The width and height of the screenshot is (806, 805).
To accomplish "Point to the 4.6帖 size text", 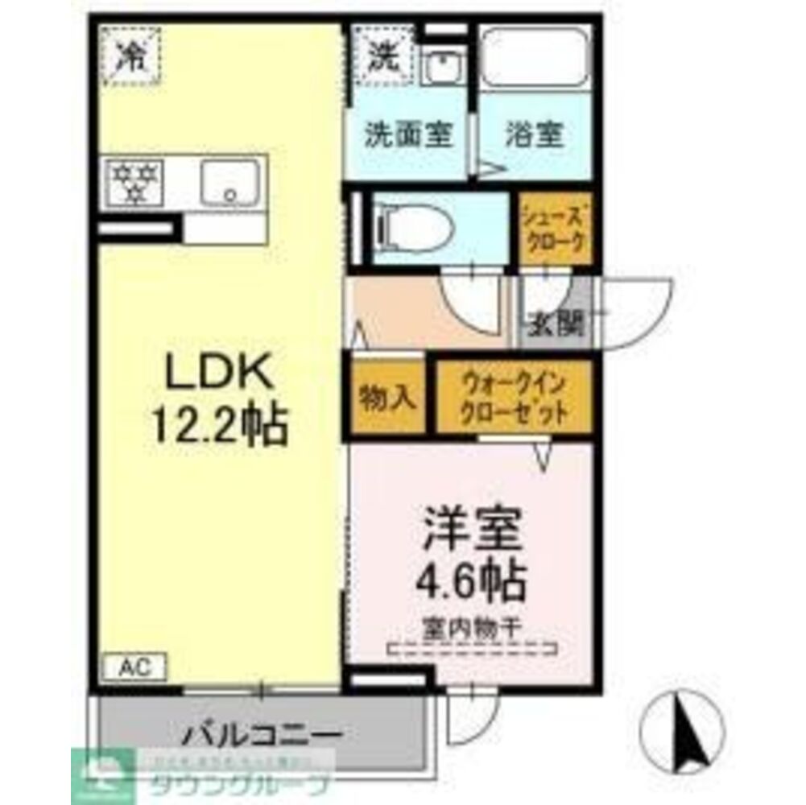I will pos(471,576).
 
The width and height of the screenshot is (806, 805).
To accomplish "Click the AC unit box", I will pos(134,667).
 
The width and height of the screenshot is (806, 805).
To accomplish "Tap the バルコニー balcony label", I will pos(262,735).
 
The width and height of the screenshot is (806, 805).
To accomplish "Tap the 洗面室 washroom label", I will pos(407,134).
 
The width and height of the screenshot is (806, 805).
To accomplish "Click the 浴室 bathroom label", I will pos(534,134).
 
